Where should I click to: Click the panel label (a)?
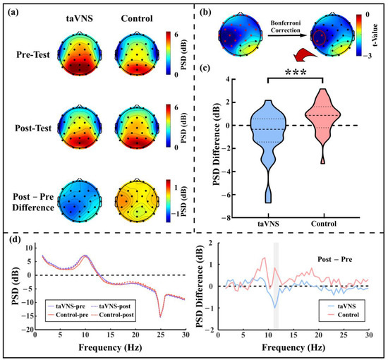click(12, 11)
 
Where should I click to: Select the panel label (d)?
click(12, 239)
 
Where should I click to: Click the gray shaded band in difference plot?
click(276, 282)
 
